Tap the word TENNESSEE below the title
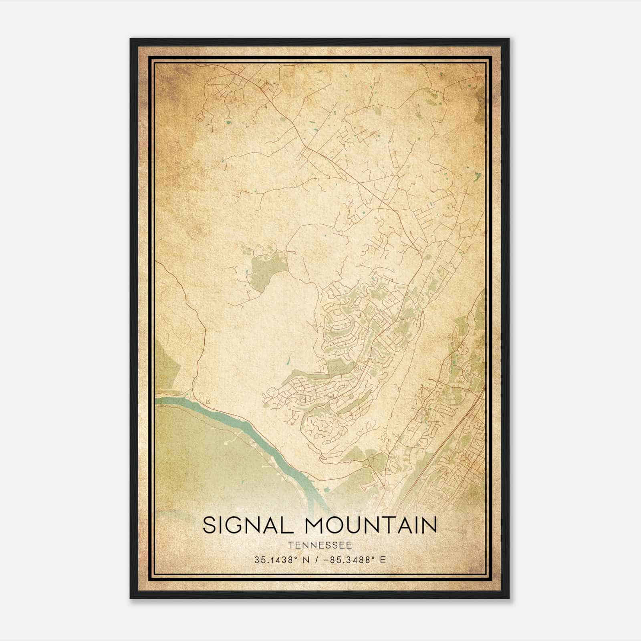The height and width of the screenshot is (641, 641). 320,545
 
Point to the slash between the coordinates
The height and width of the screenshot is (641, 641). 318,560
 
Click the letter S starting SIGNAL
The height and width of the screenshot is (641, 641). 210,525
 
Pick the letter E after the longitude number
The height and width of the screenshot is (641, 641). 383,560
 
